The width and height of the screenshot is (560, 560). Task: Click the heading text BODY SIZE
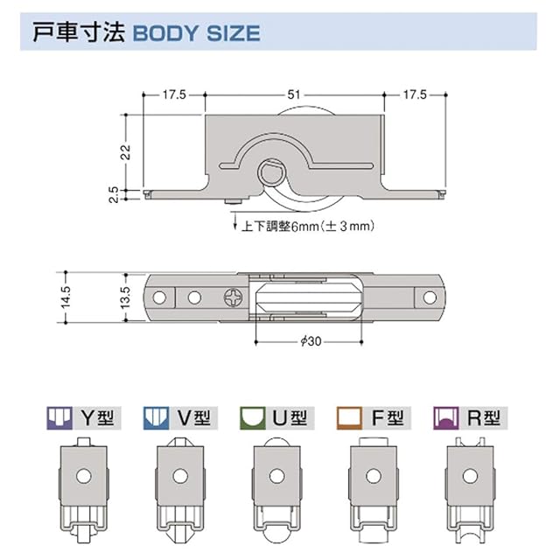tap(195, 34)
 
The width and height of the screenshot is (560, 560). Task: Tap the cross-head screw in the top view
tap(235, 298)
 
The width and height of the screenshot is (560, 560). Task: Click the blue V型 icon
tap(155, 417)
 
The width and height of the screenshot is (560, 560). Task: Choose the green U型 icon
tap(253, 417)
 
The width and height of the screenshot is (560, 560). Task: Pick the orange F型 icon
tap(351, 417)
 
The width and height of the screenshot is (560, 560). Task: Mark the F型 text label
tap(387, 417)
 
